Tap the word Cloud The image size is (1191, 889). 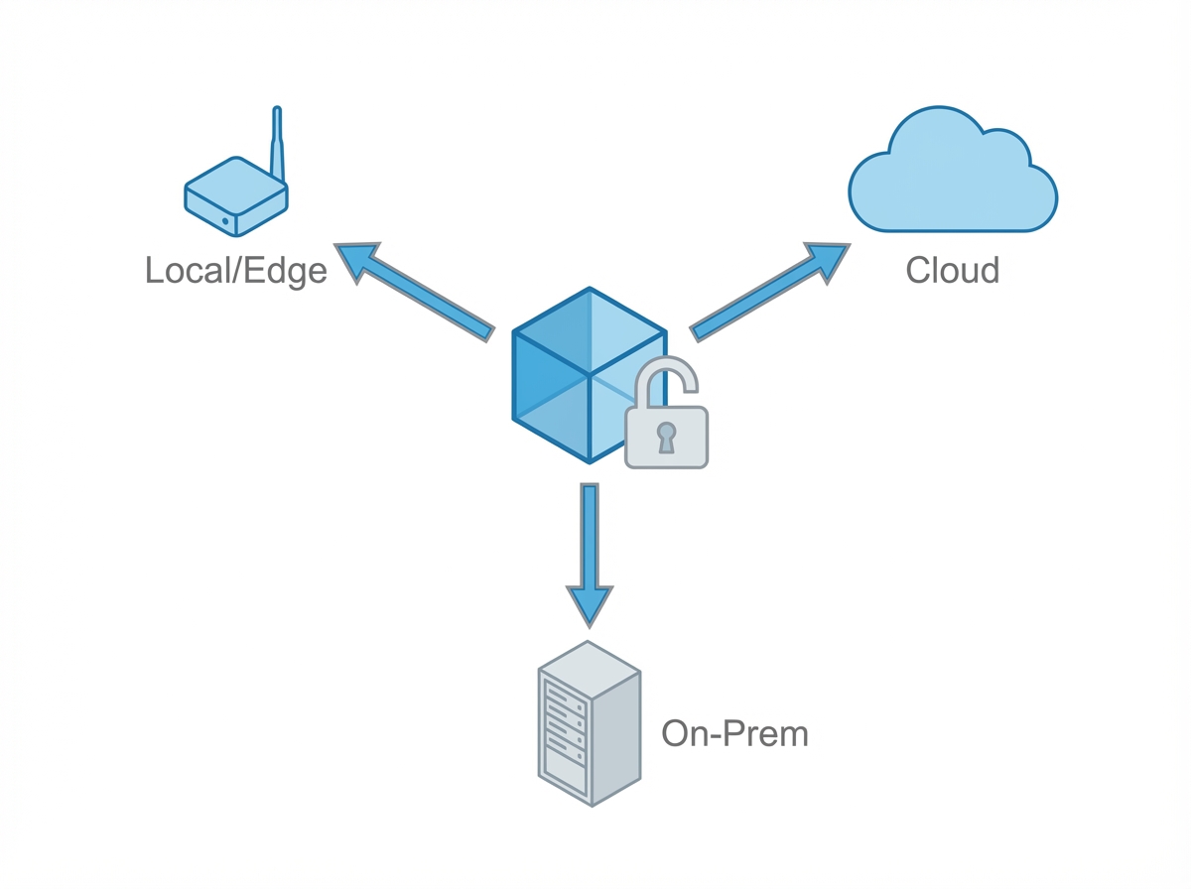click(x=952, y=270)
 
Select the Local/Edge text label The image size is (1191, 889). click(x=235, y=270)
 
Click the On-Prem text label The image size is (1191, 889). click(x=734, y=734)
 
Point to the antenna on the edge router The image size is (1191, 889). click(x=278, y=144)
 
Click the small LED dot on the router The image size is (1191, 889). click(x=226, y=220)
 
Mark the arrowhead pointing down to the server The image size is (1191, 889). click(x=590, y=604)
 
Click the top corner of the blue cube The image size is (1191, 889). click(x=590, y=290)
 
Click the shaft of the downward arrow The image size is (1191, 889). click(x=590, y=531)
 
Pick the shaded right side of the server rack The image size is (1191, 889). click(x=616, y=734)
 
